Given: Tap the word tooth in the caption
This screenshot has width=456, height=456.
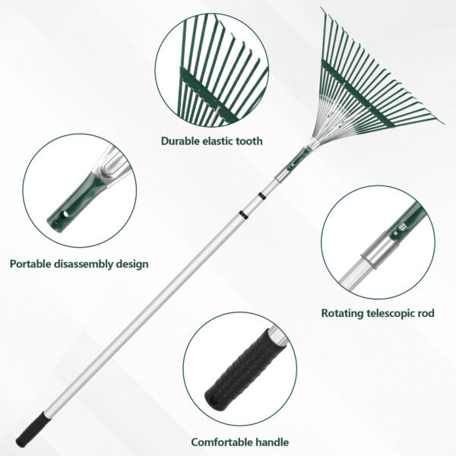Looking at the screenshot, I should pos(248,141).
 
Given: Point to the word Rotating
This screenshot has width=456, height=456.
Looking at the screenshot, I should pos(344,312).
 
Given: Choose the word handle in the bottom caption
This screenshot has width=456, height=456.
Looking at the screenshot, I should pos(273,442).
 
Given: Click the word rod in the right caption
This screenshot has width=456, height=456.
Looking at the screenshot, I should pos(426,312).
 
